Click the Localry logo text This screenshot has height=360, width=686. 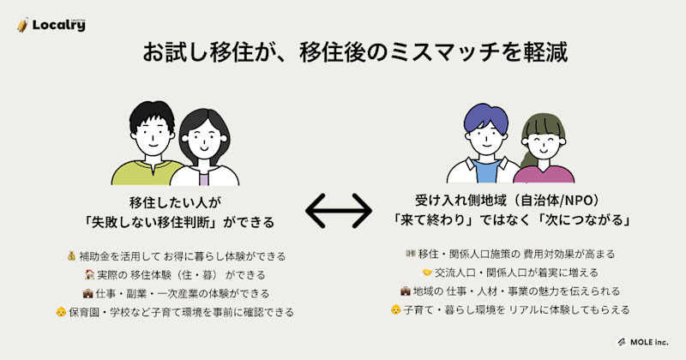click(58, 25)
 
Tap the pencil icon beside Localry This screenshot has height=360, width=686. click(23, 25)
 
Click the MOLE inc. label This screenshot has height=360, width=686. click(647, 341)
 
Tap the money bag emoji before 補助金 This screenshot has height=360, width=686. click(71, 256)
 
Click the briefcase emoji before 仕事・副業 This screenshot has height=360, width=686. click(87, 293)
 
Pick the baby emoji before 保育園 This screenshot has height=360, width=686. click(61, 312)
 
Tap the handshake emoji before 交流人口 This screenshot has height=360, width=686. click(427, 273)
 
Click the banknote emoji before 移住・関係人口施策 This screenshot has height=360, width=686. click(409, 255)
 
